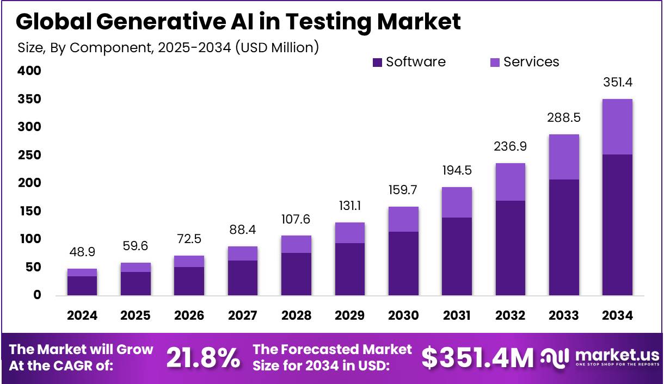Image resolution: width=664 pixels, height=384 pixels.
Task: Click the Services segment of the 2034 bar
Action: [617, 127]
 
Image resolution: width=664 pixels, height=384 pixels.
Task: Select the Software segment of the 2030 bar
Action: [403, 263]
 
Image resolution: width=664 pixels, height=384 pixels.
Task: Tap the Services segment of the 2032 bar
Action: [510, 182]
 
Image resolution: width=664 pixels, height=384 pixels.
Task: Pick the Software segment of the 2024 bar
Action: [82, 286]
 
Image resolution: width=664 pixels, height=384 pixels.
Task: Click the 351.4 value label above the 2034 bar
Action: [617, 83]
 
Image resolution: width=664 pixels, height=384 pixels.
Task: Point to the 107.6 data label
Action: [296, 220]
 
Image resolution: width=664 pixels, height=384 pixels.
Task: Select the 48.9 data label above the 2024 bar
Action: [82, 253]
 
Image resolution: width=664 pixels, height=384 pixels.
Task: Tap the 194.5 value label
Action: [457, 171]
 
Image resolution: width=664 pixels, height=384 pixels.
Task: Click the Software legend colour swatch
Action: [378, 63]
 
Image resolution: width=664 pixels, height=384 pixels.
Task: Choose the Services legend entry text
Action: [531, 62]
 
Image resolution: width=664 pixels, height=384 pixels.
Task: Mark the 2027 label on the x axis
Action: [243, 315]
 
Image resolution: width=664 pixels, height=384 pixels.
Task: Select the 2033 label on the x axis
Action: [564, 315]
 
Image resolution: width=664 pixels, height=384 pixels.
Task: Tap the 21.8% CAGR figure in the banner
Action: [202, 357]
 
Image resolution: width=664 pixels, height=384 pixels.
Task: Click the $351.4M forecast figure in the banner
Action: [477, 357]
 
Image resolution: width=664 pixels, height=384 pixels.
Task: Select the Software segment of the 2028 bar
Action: [296, 274]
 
